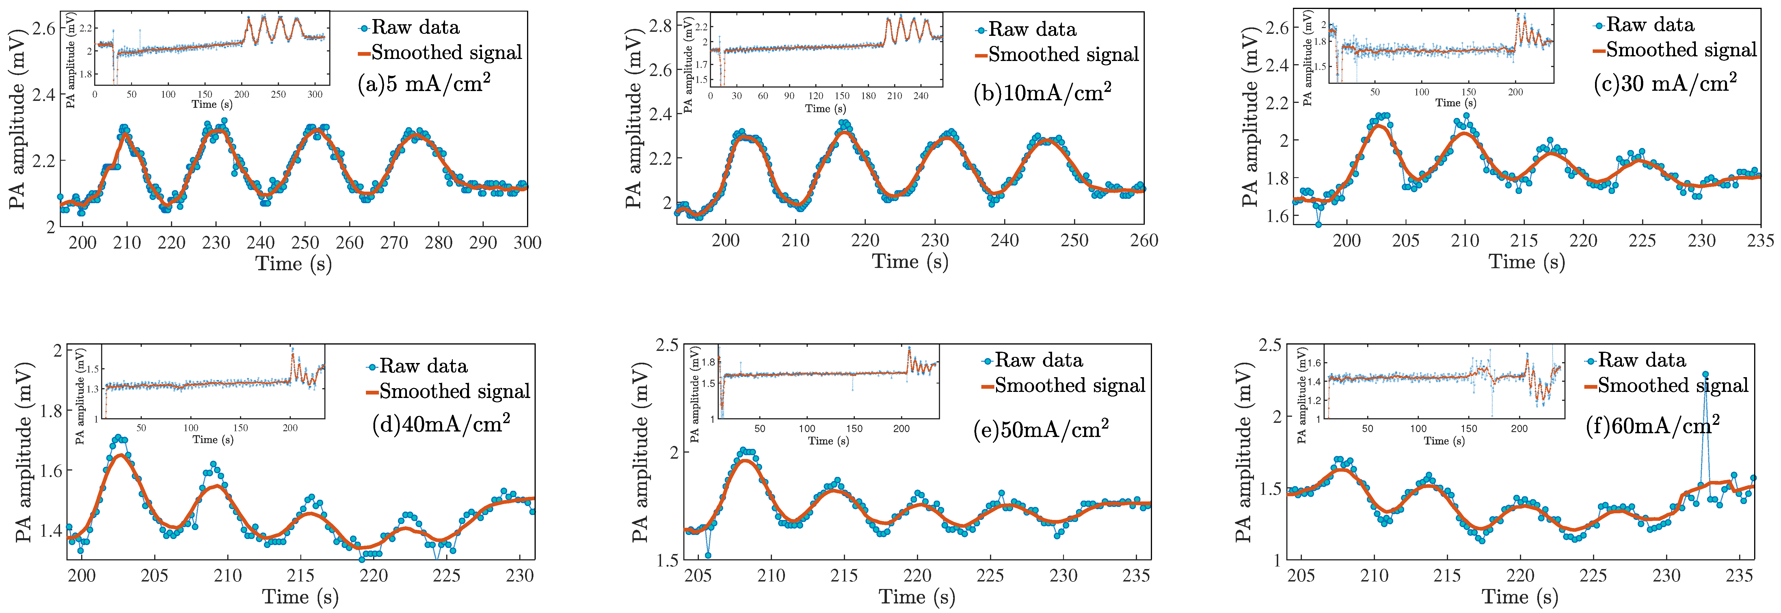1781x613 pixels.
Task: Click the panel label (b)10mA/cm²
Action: (1042, 92)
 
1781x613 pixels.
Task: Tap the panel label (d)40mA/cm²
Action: (441, 423)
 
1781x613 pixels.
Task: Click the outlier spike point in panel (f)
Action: (1705, 374)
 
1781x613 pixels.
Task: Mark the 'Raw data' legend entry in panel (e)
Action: (1039, 360)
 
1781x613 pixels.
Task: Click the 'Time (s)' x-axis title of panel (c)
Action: (1527, 262)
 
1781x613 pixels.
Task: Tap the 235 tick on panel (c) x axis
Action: (1760, 241)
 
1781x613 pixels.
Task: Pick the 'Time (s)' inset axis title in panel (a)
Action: (212, 104)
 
